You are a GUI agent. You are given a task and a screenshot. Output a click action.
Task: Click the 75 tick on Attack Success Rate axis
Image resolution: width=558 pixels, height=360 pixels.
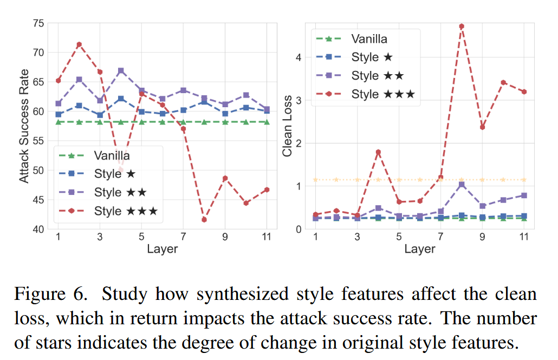38,23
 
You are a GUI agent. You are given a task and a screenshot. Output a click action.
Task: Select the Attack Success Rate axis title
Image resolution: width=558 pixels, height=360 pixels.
24,126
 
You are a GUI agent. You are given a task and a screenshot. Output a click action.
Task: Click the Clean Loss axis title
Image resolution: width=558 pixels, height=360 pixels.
288,126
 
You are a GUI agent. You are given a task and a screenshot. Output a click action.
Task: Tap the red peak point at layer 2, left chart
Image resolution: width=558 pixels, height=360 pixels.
79,44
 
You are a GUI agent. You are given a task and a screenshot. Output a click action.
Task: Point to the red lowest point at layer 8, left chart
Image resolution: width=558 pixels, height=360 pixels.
204,220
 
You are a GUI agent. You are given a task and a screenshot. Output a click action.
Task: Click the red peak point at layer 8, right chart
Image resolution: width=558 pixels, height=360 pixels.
462,26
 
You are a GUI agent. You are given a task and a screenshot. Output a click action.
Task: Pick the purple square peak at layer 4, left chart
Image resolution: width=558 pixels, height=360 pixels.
121,71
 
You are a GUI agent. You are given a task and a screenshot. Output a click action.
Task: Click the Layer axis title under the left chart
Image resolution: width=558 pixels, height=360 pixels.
162,249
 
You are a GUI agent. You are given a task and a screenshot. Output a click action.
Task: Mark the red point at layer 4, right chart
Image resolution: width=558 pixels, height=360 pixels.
378,152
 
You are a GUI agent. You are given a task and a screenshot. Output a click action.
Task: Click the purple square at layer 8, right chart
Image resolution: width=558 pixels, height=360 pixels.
462,185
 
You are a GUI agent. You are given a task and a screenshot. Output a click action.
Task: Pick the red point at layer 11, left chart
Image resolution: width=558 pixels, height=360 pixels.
267,189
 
